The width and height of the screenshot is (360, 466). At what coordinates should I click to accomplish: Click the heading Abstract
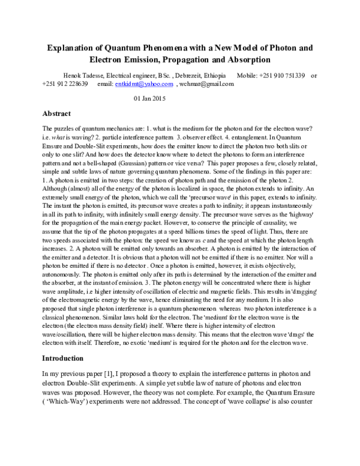[x=57, y=113]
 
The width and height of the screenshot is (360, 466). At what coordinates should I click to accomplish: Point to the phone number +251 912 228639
[x=65, y=85]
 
